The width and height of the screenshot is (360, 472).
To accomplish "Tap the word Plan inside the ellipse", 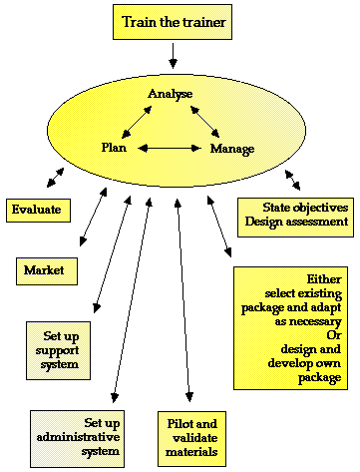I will [x=114, y=148].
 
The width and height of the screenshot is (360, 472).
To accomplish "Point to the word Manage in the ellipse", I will [x=232, y=149].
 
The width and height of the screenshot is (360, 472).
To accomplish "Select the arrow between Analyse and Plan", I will [x=137, y=122].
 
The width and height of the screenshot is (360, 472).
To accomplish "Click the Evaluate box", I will [x=37, y=210].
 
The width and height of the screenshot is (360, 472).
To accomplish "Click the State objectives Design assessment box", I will [x=295, y=215].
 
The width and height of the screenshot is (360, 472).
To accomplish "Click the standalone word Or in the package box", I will [x=334, y=335].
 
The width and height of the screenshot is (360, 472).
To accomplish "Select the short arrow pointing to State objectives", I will [x=291, y=181].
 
